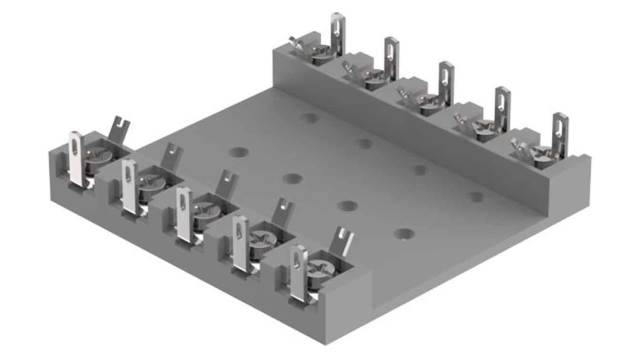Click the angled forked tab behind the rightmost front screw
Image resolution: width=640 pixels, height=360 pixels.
point(343,240)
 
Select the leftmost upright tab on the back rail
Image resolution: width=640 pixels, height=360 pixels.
point(338,30)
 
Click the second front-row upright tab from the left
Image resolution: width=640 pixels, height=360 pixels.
point(130,186)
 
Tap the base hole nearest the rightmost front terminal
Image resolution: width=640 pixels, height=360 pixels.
point(403,234)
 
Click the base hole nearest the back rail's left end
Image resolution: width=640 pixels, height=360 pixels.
point(309,117)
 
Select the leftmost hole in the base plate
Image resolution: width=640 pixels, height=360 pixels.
point(237,152)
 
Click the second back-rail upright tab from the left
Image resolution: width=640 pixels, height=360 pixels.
point(391,54)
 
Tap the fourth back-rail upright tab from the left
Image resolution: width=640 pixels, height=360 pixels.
point(501,105)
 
